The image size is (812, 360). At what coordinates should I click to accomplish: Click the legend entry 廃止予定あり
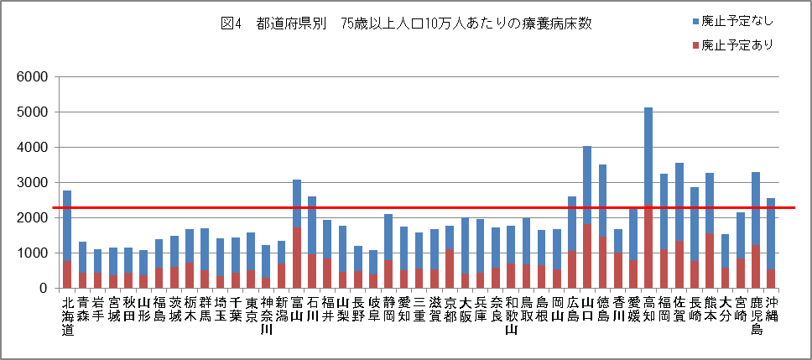click(x=730, y=44)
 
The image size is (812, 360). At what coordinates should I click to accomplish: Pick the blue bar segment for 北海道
click(x=67, y=226)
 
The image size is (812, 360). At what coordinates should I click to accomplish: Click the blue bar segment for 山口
click(x=587, y=185)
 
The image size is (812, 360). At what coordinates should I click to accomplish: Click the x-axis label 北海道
click(x=67, y=316)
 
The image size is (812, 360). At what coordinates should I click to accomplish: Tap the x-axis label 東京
click(x=251, y=310)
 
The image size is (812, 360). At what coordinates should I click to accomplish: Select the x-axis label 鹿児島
click(x=756, y=316)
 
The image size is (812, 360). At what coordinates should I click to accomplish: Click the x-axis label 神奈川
click(x=266, y=316)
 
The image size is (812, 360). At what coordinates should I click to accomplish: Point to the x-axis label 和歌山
click(x=511, y=316)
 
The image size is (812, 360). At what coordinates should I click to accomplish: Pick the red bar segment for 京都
click(x=450, y=269)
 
